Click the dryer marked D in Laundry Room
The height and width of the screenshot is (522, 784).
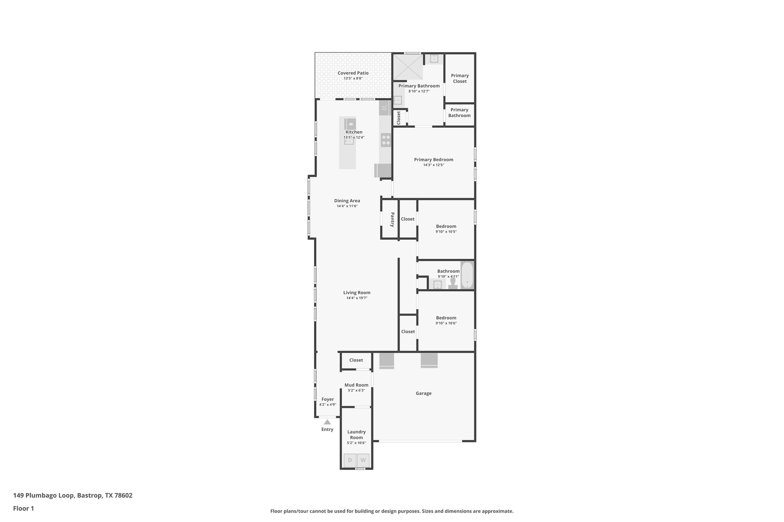pos(350,460)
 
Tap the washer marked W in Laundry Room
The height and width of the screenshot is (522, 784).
pos(363,460)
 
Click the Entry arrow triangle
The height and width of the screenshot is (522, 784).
pos(327,422)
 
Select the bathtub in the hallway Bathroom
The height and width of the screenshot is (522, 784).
pos(467,275)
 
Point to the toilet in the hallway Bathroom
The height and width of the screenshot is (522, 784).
pos(453,283)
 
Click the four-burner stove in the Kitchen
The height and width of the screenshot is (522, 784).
pos(386,140)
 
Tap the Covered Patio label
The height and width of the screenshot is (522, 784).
pos(353,73)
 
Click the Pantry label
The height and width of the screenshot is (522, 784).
pos(392,220)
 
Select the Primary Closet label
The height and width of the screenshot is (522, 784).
pos(460,78)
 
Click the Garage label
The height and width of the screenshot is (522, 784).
pos(423,393)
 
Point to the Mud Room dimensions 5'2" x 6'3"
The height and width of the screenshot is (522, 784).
pos(356,390)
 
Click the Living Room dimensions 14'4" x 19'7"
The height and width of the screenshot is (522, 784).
pos(357,298)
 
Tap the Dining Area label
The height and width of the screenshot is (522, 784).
pos(347,201)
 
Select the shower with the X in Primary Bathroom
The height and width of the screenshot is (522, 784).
pos(408,67)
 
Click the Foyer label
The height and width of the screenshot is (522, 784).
pos(328,399)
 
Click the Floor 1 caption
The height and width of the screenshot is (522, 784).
pos(23,508)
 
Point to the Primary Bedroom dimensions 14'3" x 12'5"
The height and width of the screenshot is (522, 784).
pos(433,165)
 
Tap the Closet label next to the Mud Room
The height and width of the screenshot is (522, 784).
pos(356,360)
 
